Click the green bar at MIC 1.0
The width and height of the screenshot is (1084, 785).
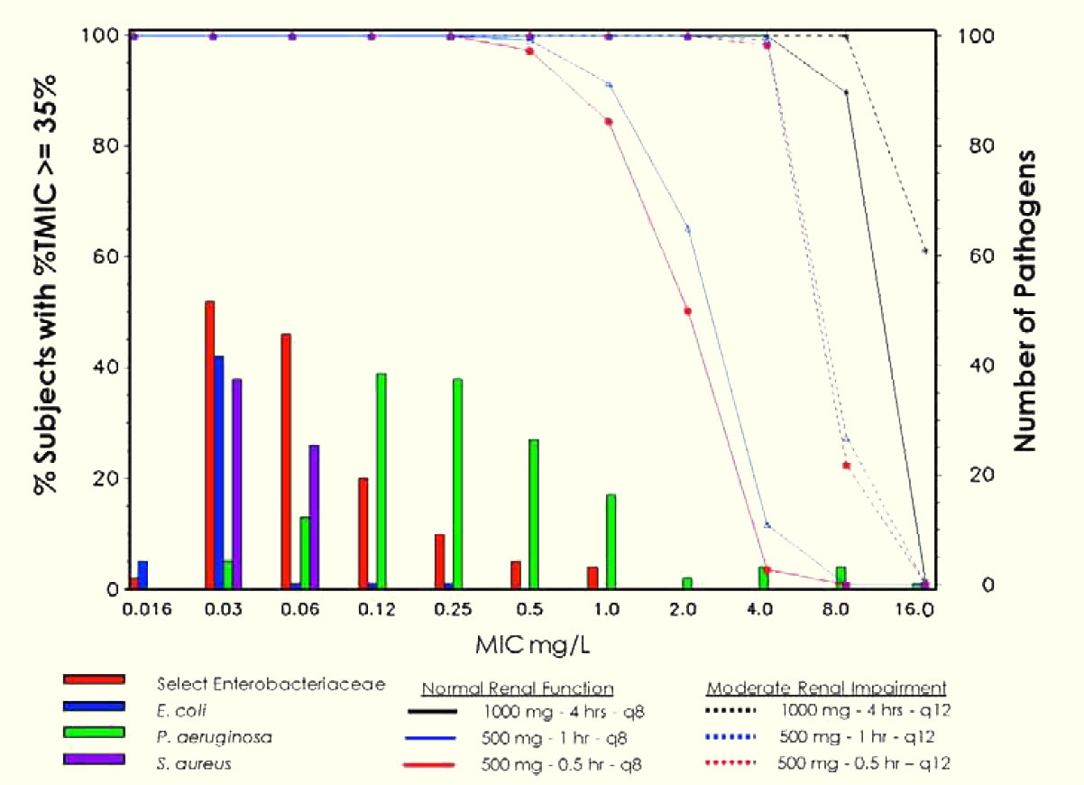[x=611, y=541]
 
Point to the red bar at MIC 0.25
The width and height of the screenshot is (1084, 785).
[x=439, y=561]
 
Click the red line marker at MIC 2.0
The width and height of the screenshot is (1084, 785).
[x=687, y=311]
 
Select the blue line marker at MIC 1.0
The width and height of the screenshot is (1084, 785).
[x=610, y=85]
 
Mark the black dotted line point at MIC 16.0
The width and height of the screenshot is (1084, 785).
[x=925, y=250]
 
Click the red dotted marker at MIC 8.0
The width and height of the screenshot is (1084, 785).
[x=847, y=466]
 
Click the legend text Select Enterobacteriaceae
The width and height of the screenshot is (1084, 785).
[x=271, y=684]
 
